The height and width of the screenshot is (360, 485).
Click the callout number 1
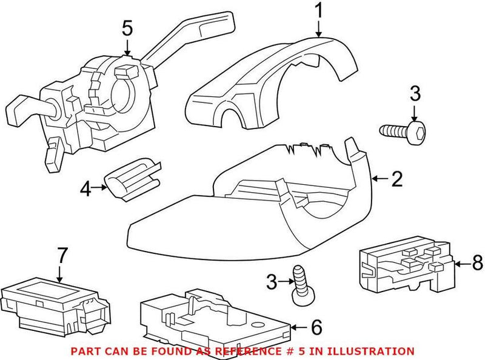pyautogui.click(x=318, y=12)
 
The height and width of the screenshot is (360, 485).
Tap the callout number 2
pyautogui.click(x=396, y=178)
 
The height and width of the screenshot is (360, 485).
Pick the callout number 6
pyautogui.click(x=315, y=328)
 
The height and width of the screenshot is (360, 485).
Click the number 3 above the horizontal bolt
pyautogui.click(x=415, y=95)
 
